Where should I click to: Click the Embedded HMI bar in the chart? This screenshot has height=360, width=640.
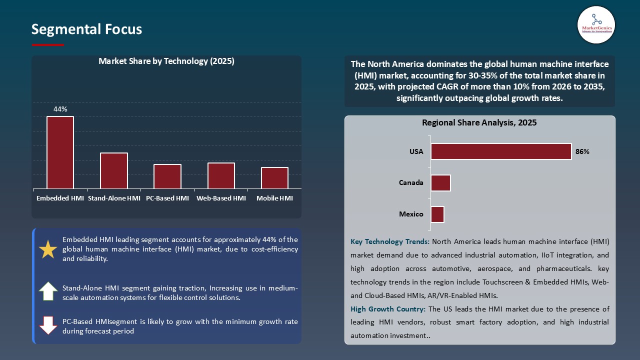(60, 152)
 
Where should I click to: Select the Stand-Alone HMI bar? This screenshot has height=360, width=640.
(114, 170)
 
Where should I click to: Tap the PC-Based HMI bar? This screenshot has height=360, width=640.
(167, 176)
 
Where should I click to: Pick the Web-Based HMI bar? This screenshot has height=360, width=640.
(221, 175)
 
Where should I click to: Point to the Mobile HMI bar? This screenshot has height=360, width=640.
(274, 178)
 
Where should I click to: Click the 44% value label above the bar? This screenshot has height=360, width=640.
(60, 109)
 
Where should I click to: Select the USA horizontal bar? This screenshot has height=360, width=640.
(501, 151)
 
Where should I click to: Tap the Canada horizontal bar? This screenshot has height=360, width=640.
(440, 183)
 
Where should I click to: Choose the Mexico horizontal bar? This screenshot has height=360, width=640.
(437, 214)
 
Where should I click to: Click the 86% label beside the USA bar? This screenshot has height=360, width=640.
(582, 151)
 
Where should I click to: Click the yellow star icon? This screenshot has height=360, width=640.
(48, 249)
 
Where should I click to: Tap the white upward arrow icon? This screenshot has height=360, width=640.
(48, 291)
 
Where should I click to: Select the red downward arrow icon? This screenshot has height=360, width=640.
(48, 325)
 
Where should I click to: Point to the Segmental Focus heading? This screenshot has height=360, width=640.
(86, 29)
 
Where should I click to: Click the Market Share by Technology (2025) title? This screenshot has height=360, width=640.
(166, 61)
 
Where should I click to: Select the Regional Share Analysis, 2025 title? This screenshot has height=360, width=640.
(479, 122)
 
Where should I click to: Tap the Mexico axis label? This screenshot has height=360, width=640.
(411, 214)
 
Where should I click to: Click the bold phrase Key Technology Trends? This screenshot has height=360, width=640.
(390, 242)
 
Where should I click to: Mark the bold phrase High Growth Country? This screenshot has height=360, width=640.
(388, 309)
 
